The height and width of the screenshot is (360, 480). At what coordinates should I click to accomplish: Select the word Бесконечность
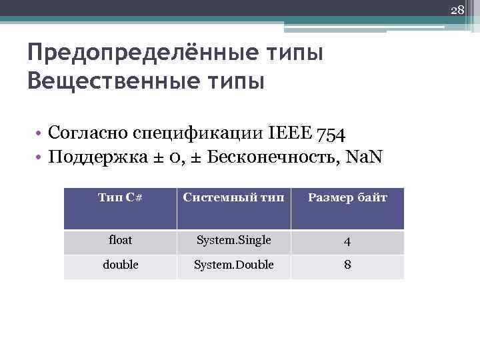[x=265, y=159]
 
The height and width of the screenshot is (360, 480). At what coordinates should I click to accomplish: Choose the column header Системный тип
[x=233, y=198]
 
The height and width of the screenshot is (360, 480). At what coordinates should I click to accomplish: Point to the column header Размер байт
[x=347, y=198]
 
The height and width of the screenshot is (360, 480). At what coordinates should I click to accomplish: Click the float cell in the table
[x=120, y=239]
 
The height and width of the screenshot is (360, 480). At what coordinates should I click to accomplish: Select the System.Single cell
[x=233, y=240]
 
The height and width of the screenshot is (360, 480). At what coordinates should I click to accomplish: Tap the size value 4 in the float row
[x=347, y=241]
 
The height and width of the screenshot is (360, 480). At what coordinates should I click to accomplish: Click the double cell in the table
[x=120, y=265]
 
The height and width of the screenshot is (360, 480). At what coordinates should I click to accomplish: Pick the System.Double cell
[x=233, y=265]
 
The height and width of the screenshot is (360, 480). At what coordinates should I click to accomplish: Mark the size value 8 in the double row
[x=347, y=265]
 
